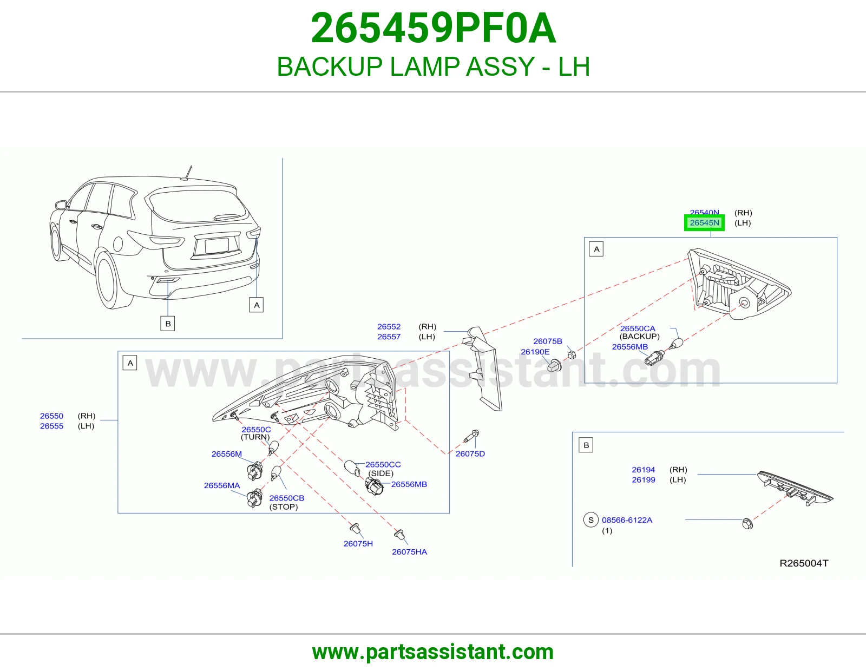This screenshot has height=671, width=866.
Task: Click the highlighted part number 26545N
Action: click(x=704, y=223)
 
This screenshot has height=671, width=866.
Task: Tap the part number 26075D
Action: click(x=470, y=453)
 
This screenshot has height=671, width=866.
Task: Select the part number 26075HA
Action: click(x=409, y=551)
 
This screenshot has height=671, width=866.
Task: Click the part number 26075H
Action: click(x=358, y=543)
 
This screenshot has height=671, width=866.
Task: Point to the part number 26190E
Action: click(x=535, y=351)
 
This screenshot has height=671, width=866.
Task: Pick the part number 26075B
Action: click(x=548, y=341)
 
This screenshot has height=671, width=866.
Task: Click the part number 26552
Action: click(x=389, y=326)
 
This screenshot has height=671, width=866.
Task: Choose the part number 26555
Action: click(x=51, y=426)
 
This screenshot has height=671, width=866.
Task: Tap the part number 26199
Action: click(x=643, y=480)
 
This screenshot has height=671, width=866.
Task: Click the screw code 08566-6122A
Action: click(x=627, y=520)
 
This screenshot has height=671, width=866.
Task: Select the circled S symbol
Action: click(x=591, y=520)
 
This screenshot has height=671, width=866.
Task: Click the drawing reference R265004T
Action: click(x=804, y=563)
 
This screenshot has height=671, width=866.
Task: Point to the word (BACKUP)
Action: click(x=639, y=336)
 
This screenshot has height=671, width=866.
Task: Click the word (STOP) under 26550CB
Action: click(x=284, y=507)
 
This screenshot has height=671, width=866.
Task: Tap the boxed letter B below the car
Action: click(x=168, y=324)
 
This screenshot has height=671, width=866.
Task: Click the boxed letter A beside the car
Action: click(x=256, y=305)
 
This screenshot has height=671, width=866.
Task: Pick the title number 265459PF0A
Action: click(x=433, y=28)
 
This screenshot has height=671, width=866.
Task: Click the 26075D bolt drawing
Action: click(x=471, y=436)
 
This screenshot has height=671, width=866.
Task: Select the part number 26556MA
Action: click(x=221, y=485)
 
